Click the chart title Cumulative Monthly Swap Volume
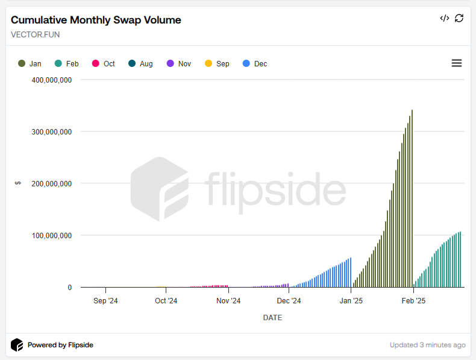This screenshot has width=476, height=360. [96, 20]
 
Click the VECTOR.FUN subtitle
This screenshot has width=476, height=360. [35, 34]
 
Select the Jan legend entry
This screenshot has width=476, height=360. [30, 64]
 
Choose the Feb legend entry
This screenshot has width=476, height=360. [67, 64]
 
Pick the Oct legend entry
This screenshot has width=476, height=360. [104, 64]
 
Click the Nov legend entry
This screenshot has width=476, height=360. [179, 64]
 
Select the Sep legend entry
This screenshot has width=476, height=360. [217, 64]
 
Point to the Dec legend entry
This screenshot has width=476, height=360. [255, 64]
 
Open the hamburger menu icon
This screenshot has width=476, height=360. [456, 63]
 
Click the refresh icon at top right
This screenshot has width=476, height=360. [459, 18]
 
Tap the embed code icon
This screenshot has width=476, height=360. [444, 18]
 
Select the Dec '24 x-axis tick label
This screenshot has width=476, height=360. [289, 300]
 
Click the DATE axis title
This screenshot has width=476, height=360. [272, 317]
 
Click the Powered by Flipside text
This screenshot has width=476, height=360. [60, 346]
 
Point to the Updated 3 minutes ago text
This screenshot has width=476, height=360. [427, 346]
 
